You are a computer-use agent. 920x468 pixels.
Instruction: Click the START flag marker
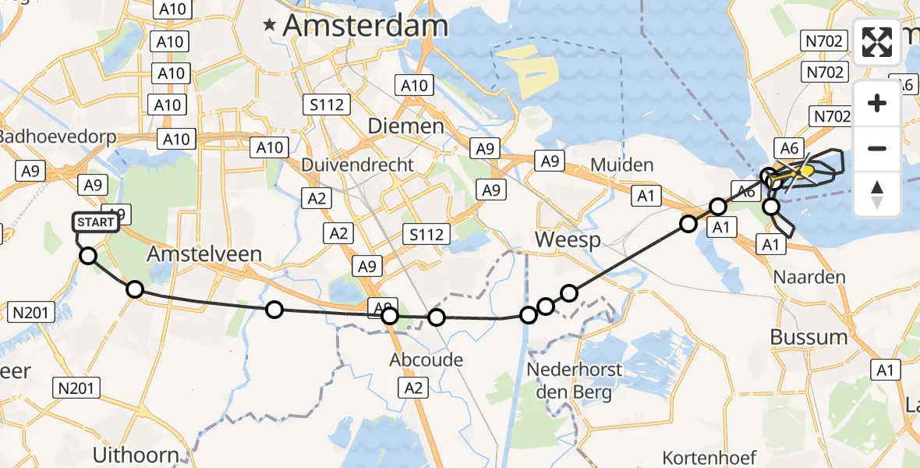tap(97, 223)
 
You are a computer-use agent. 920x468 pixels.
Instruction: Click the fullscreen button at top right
tap(877, 42)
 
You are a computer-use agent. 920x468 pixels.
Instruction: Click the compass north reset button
tap(877, 194)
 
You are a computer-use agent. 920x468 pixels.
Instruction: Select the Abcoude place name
tap(426, 360)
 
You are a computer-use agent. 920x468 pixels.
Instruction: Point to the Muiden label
tap(621, 165)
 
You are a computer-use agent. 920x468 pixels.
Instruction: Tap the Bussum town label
tap(809, 337)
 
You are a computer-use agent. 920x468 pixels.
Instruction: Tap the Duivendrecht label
tap(358, 165)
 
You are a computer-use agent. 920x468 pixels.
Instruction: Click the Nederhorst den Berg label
tap(574, 380)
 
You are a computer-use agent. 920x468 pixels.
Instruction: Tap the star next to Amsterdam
tap(270, 26)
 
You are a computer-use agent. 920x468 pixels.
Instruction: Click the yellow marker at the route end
tap(807, 171)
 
